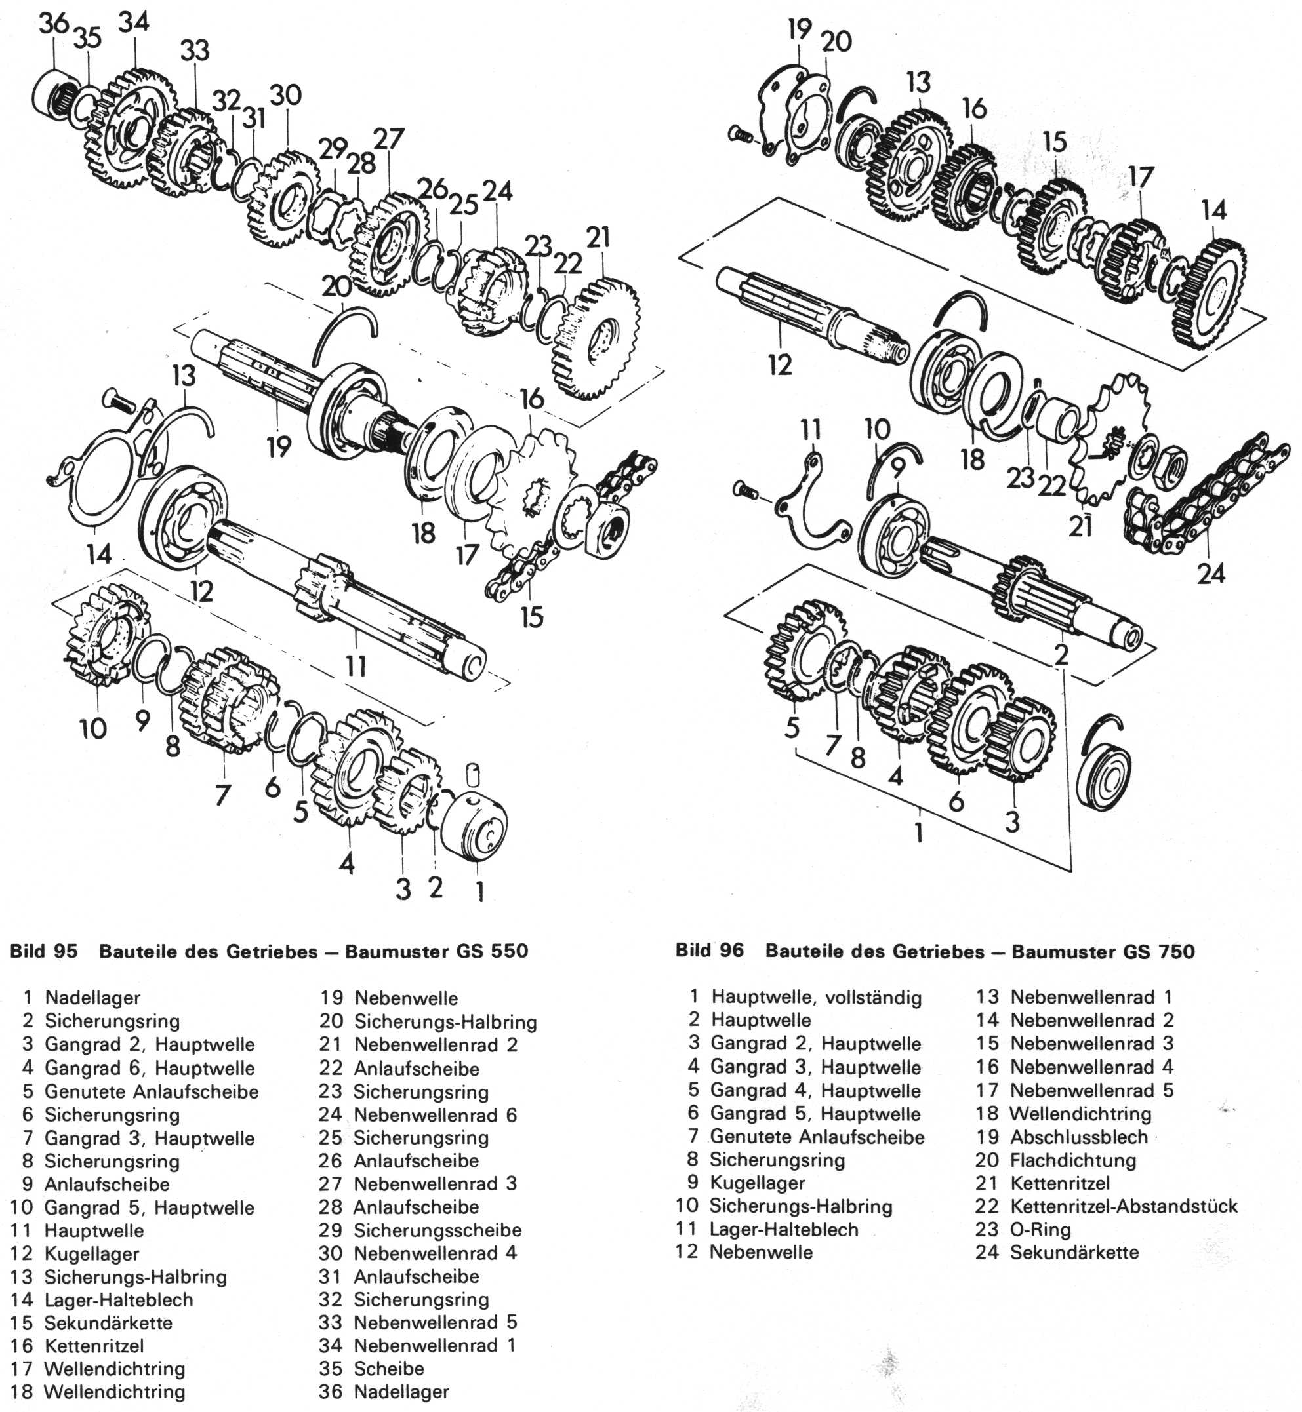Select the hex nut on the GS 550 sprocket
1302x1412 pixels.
pos(606,529)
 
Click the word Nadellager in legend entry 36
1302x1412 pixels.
pos(401,1392)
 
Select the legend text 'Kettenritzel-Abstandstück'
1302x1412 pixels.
pos(1123,1206)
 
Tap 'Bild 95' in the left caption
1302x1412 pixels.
pos(44,951)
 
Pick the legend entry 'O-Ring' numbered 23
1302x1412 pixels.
pos(1040,1230)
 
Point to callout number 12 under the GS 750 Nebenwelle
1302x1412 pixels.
pos(779,364)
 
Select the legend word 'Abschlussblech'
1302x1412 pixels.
pos(1078,1137)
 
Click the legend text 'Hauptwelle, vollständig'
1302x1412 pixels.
pos(816,997)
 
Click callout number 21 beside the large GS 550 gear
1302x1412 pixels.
pos(598,237)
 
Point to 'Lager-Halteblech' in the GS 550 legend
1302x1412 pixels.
pos(118,1300)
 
